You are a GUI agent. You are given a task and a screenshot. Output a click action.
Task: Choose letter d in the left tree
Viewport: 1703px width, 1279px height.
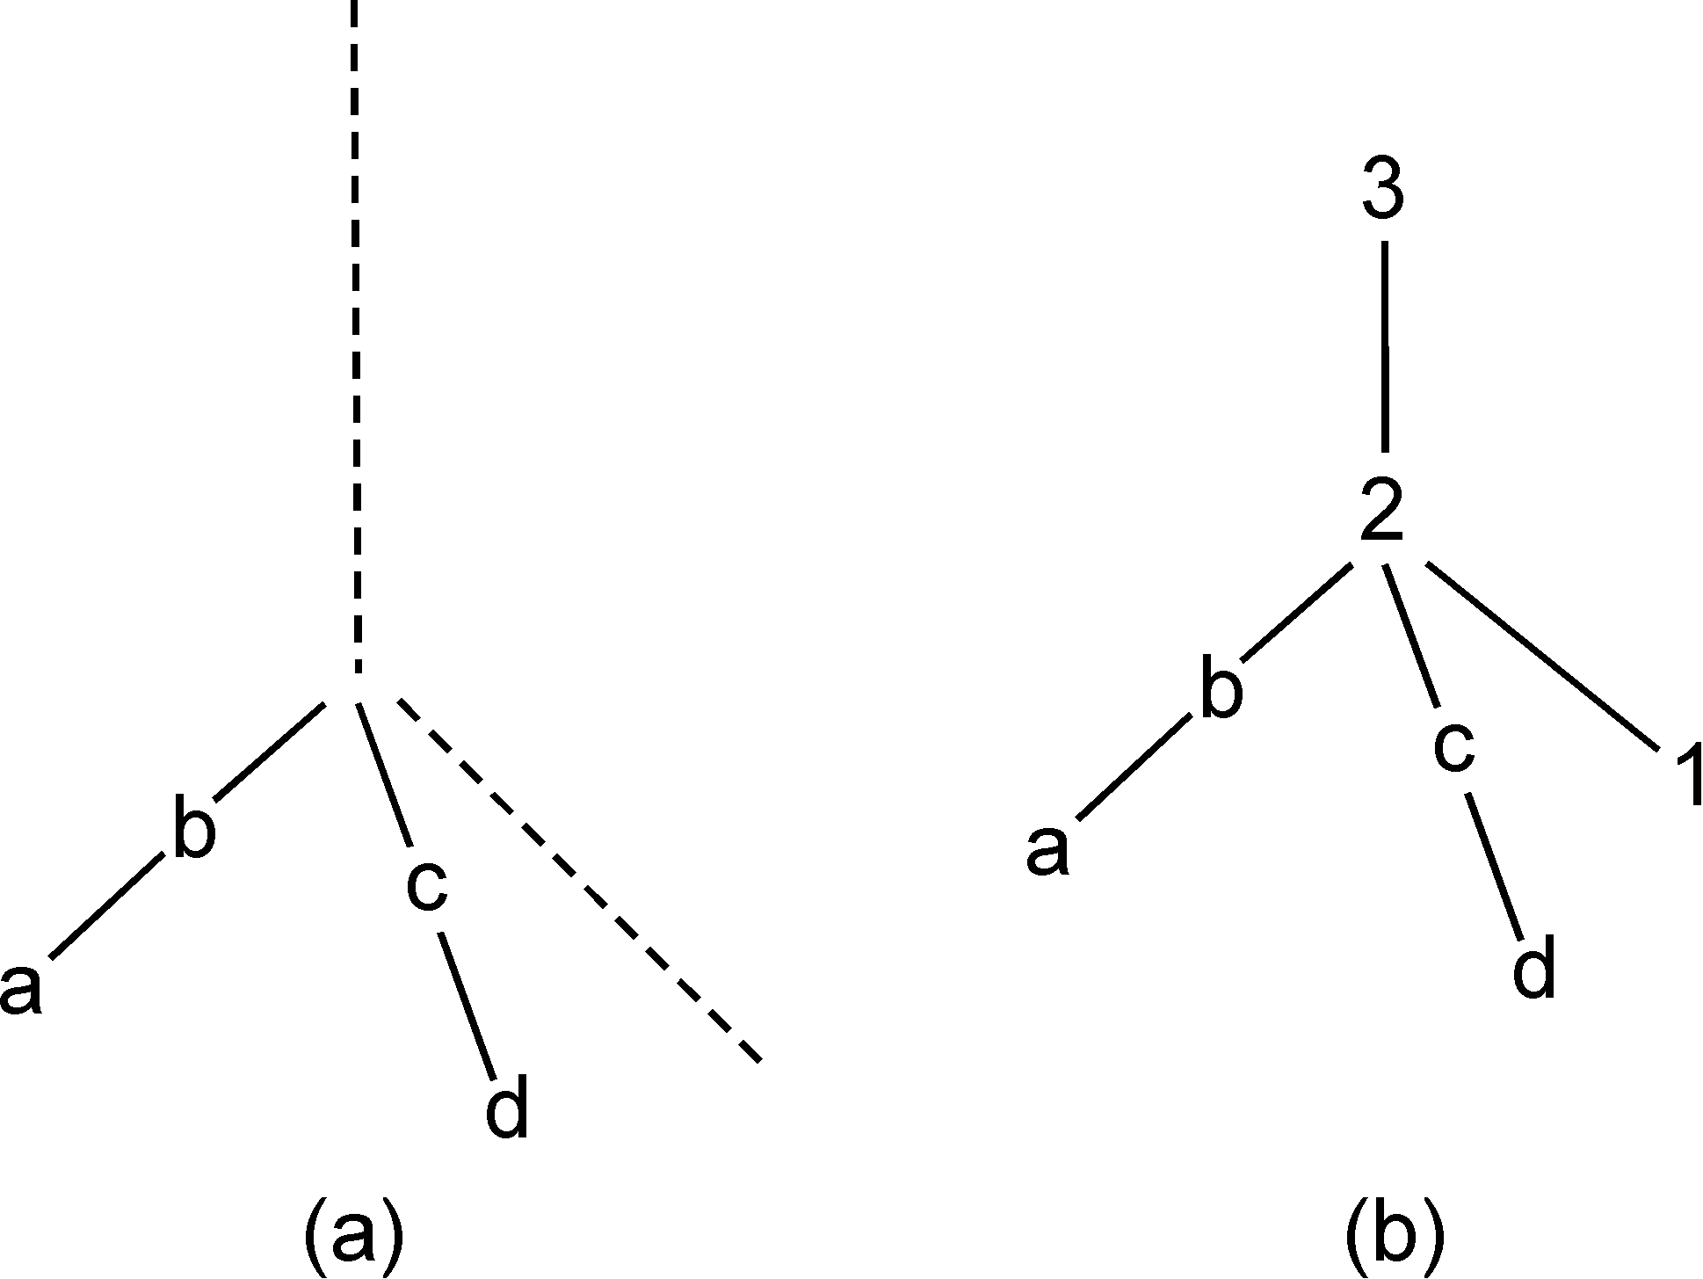[507, 1109]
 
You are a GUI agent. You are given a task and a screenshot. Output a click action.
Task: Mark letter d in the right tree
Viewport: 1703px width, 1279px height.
[1534, 970]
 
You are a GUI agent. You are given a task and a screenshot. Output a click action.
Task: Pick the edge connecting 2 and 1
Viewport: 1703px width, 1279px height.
[1542, 657]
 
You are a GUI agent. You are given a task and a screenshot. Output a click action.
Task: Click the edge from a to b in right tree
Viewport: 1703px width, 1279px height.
[1134, 767]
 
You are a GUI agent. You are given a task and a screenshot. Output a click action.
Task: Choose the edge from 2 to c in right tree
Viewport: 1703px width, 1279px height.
[1411, 636]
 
